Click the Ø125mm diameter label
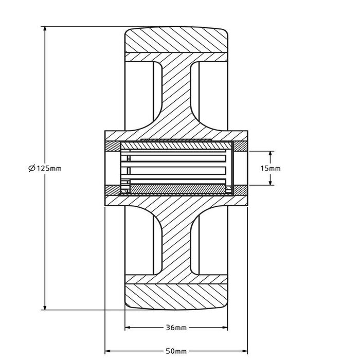pos(45,168)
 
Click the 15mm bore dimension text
pos(271,168)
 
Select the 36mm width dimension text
pos(177,328)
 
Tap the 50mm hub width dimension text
pos(177,351)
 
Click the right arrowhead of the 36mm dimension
pos(226,328)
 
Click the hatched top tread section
pos(177,40)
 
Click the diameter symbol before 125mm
pos(31,168)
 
